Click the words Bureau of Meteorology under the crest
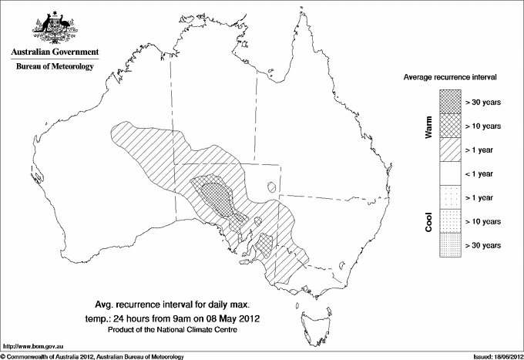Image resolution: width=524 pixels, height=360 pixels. (x=55, y=67)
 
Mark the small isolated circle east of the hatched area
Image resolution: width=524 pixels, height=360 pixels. (x=270, y=185)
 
